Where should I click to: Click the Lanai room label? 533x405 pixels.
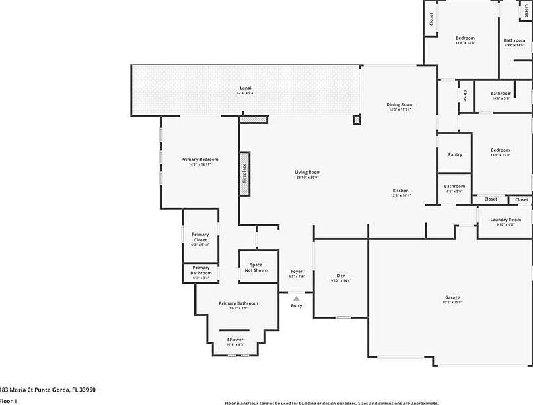click(246, 88)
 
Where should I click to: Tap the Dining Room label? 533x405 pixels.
click(400, 104)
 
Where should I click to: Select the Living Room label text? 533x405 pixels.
click(308, 172)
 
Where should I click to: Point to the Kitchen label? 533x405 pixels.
click(401, 191)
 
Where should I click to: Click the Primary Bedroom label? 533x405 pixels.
click(200, 159)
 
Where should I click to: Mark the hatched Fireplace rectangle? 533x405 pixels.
click(244, 174)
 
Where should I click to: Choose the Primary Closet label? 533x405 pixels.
click(201, 237)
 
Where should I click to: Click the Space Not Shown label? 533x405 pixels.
click(256, 267)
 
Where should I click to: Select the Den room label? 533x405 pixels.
click(341, 276)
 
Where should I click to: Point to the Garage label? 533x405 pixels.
click(452, 297)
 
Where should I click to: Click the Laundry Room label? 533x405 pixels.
click(505, 220)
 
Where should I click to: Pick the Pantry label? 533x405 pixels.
click(455, 154)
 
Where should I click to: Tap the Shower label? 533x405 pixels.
click(236, 339)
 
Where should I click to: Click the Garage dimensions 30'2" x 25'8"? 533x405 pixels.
click(452, 303)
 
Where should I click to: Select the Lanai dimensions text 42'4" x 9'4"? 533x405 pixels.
click(246, 93)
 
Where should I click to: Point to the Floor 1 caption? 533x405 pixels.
click(9, 401)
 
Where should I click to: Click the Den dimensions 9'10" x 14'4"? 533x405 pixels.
click(341, 280)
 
